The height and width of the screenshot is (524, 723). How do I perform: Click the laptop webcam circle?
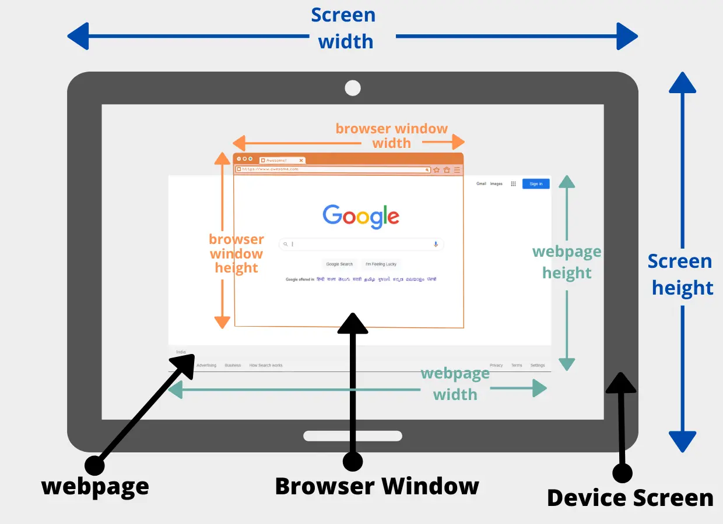[353, 88]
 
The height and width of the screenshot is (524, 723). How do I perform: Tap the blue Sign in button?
[536, 184]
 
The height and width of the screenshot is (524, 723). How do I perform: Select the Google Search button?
[339, 264]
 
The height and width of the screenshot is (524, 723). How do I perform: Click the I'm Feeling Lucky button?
[381, 264]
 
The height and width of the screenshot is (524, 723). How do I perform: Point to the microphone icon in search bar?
[436, 245]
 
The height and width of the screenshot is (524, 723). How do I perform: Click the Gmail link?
[481, 184]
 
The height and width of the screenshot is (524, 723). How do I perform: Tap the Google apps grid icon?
[513, 184]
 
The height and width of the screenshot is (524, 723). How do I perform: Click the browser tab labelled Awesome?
[282, 160]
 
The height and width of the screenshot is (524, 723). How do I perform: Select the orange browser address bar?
[332, 169]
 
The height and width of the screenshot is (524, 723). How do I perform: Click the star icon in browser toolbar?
[437, 170]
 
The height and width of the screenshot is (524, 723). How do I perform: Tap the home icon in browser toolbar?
[447, 170]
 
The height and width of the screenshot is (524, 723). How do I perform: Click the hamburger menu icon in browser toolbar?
[457, 170]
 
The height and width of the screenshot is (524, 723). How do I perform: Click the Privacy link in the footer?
[496, 366]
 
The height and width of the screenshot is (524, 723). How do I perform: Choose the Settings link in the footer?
[538, 366]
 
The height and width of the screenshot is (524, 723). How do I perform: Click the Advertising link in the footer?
[206, 366]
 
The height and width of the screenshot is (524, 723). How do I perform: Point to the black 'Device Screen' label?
[630, 498]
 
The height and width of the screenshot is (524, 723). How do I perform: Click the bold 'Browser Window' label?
[377, 486]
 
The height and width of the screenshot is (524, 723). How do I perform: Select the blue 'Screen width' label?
[344, 28]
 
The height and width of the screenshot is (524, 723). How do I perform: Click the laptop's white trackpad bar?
[353, 436]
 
